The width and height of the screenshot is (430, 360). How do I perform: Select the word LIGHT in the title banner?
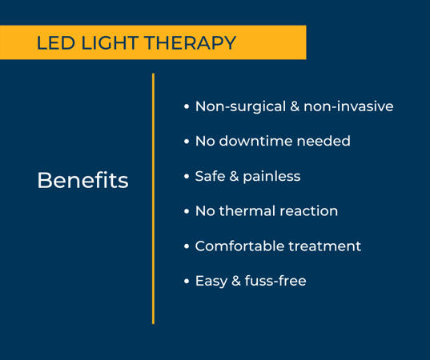point(107,43)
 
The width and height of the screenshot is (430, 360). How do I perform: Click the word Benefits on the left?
point(82,180)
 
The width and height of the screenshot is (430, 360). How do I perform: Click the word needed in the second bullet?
point(324,142)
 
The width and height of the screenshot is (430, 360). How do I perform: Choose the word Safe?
point(210,176)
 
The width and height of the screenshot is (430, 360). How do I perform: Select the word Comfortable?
point(243,246)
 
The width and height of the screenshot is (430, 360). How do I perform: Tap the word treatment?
point(329,246)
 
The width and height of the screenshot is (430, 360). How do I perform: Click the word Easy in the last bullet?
point(211,282)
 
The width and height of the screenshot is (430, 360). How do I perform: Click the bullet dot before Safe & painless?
point(187,177)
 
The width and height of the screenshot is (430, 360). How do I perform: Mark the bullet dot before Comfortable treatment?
point(187,247)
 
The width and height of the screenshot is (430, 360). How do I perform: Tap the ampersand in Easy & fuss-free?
point(236,282)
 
